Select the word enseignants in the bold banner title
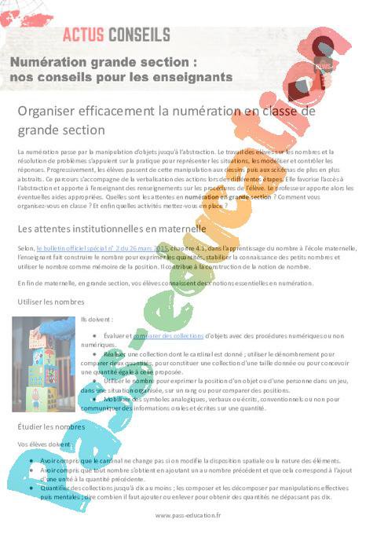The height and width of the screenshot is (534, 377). (192, 77)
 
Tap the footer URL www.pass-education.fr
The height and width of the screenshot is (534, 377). (188, 515)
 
